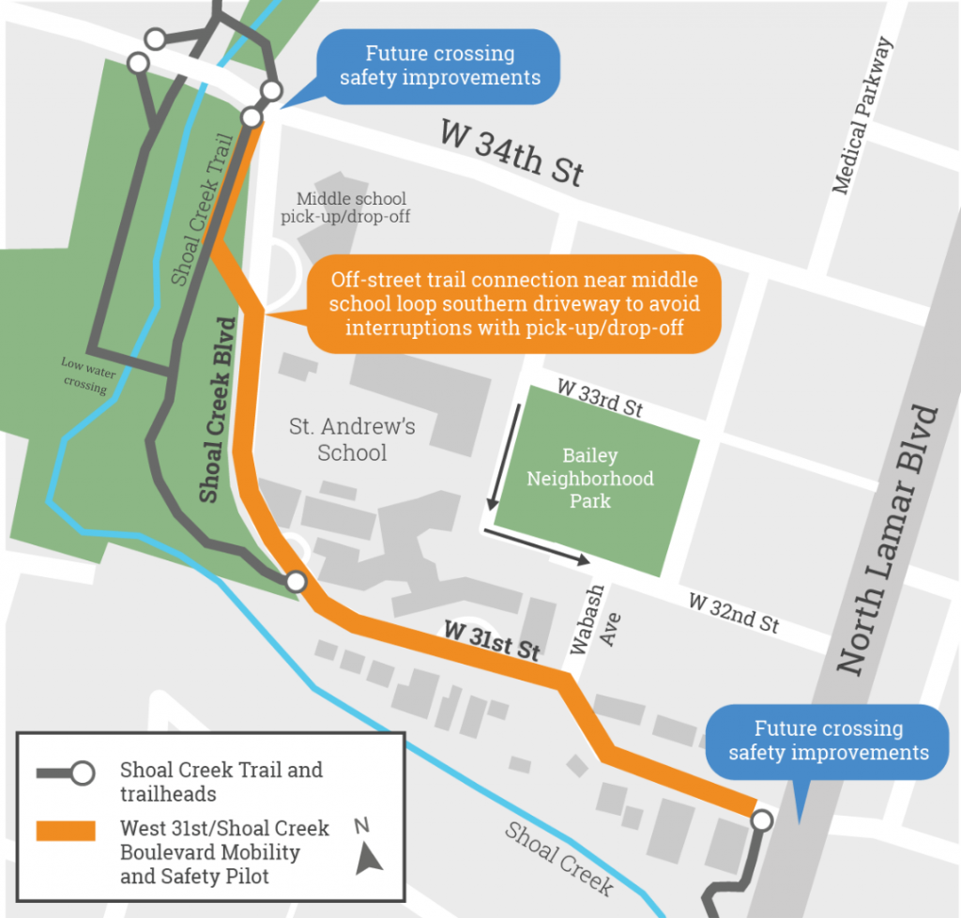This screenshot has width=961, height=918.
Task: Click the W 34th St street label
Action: (x=511, y=154)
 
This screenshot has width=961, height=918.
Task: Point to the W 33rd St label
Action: (x=600, y=399)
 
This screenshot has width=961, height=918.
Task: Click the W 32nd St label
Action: (x=733, y=613)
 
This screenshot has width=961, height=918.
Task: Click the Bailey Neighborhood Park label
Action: (x=589, y=478)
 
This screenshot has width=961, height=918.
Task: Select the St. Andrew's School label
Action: (x=352, y=439)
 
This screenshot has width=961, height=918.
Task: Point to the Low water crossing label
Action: (x=87, y=375)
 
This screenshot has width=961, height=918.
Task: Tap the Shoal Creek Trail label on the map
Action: (x=200, y=221)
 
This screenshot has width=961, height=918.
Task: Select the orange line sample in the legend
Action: (x=66, y=829)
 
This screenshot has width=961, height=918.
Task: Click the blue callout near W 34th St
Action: (x=439, y=66)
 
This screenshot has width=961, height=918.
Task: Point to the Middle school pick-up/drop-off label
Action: (x=345, y=207)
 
